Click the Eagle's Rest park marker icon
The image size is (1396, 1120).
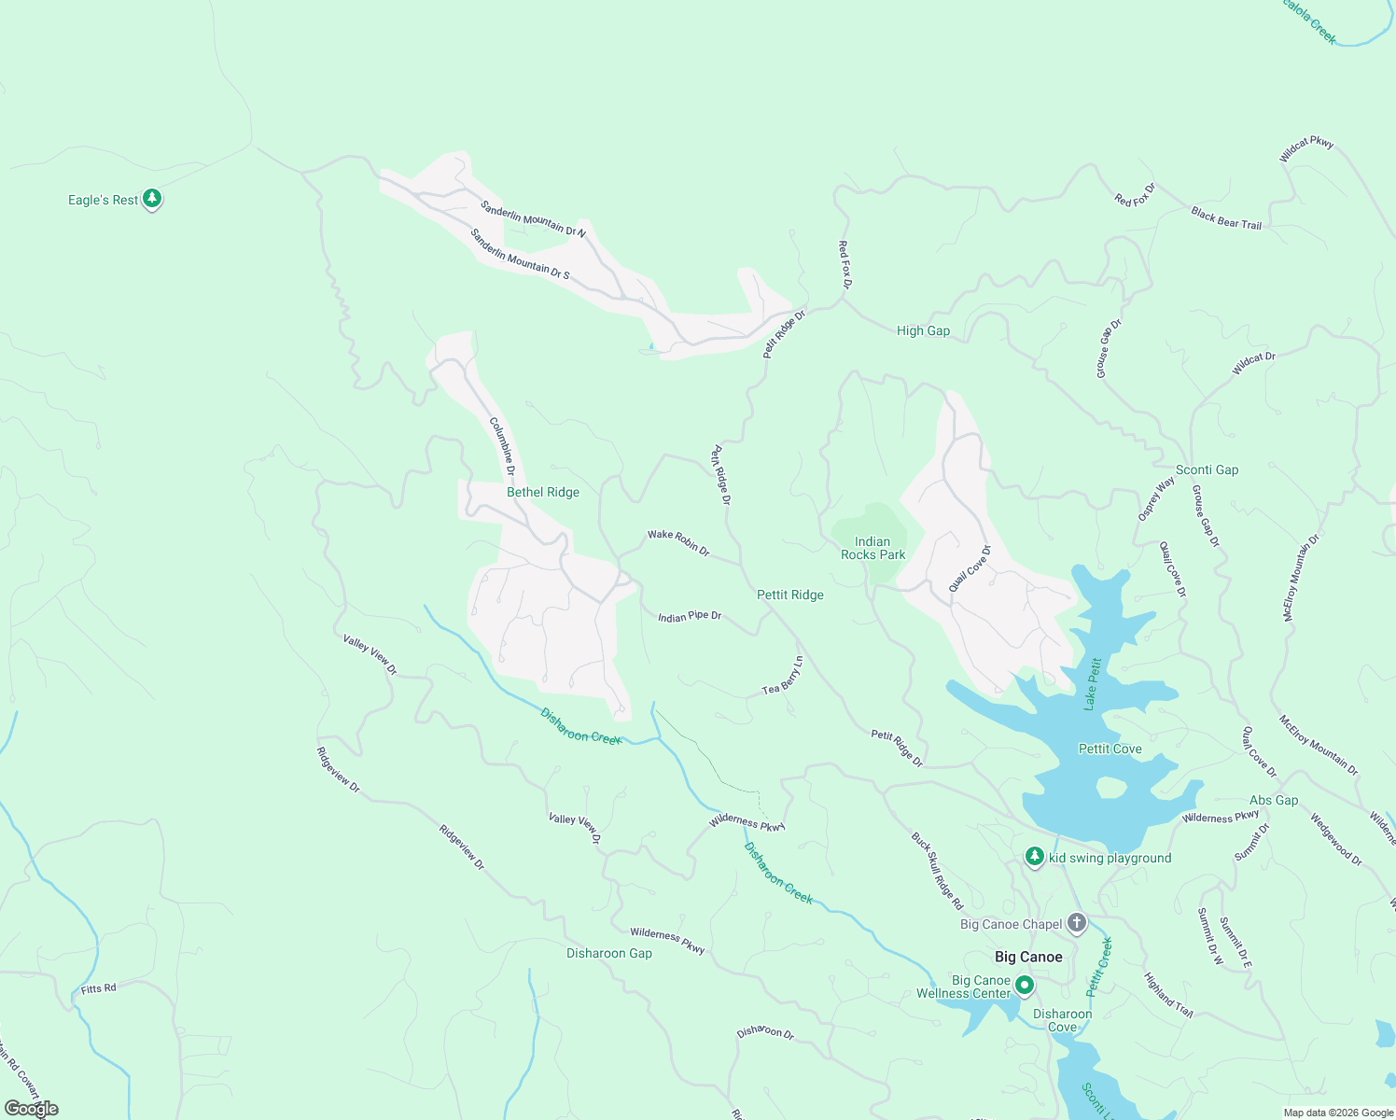click(152, 199)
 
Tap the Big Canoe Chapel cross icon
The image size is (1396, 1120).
click(1077, 923)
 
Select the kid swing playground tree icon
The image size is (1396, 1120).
click(1034, 856)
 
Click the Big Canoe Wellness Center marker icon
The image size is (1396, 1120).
click(1025, 985)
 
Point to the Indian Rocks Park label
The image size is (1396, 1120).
click(872, 548)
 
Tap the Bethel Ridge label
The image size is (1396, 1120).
click(542, 492)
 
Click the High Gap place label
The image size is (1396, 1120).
click(923, 330)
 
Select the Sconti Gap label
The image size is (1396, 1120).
click(1207, 469)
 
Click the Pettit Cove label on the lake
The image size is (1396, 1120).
click(1110, 749)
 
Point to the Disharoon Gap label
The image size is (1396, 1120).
click(609, 953)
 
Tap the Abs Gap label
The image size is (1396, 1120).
click(1274, 800)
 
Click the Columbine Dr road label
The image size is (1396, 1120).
click(502, 445)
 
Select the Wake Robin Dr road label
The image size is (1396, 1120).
click(678, 542)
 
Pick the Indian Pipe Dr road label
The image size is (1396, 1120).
click(690, 617)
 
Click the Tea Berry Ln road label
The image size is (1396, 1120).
click(783, 676)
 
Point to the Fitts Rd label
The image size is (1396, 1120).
click(99, 987)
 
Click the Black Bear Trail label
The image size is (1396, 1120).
click(1225, 218)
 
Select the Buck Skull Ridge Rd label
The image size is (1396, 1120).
click(937, 871)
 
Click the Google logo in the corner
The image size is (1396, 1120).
click(32, 1109)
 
